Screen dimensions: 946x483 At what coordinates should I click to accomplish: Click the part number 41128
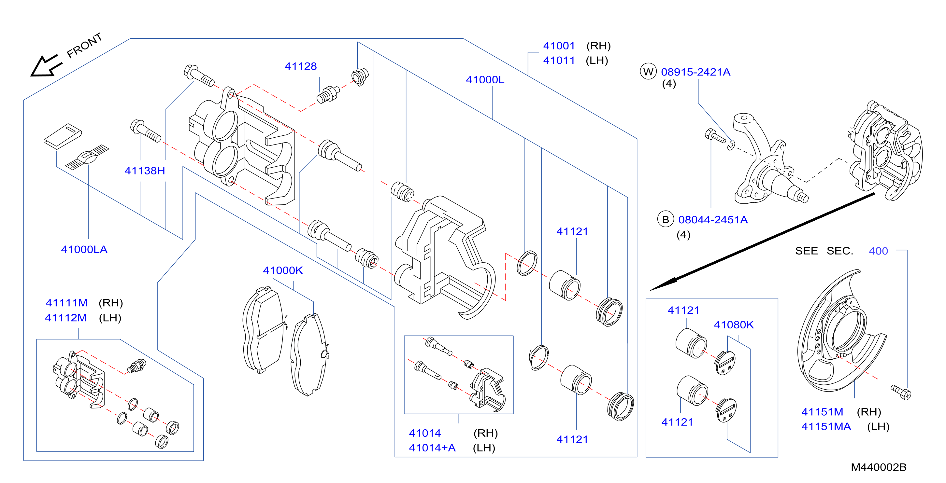300,66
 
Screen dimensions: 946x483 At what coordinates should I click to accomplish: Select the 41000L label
485,80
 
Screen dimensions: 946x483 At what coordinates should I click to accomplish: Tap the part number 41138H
145,171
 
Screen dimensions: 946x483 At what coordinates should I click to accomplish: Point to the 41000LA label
84,250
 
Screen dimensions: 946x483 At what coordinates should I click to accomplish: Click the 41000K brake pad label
283,270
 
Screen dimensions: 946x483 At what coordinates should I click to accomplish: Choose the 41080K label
733,325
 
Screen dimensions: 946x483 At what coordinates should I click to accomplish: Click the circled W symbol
648,72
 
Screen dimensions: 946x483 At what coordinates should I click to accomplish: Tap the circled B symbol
666,219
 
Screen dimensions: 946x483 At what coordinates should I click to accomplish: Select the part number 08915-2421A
695,72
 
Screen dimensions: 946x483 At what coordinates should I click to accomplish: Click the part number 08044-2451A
713,220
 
